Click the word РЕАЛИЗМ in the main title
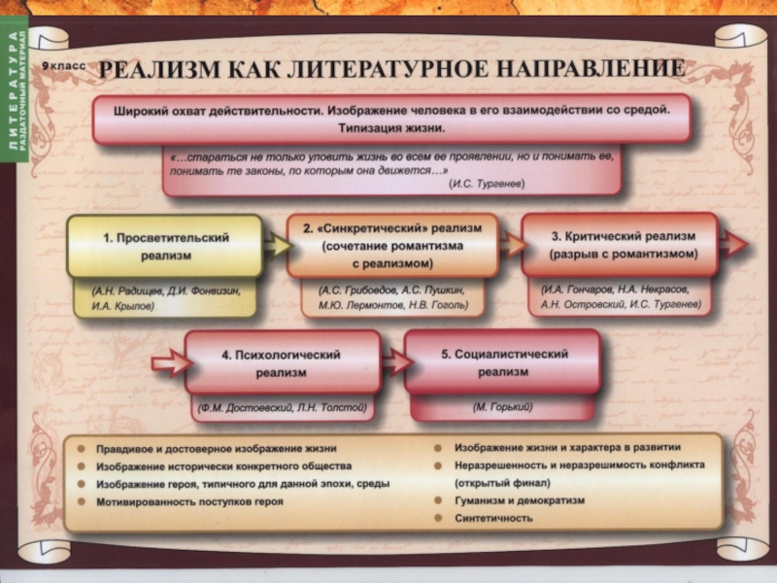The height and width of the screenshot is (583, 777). [x=159, y=70]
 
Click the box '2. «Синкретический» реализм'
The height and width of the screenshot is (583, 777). [x=391, y=245]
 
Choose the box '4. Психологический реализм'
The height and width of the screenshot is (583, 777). [x=282, y=363]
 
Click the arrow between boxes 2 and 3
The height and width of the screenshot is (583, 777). [x=512, y=245]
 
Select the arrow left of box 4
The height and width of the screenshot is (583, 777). [x=168, y=365]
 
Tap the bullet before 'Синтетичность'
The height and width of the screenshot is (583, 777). [x=439, y=517]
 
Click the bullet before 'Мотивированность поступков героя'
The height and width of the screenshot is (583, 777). [x=84, y=502]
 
